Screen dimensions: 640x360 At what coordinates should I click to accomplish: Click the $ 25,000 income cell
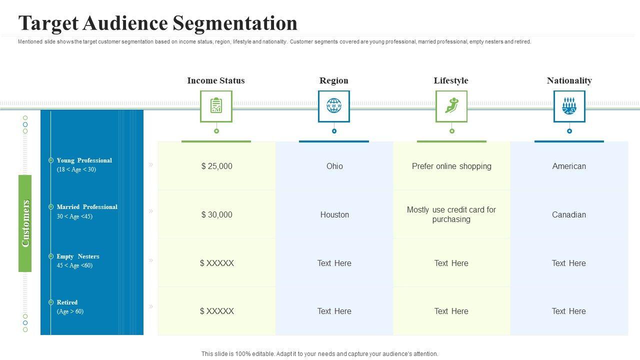[216, 166]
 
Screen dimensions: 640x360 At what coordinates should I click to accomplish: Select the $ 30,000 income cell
[216, 214]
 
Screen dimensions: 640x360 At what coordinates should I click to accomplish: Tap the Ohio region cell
[334, 166]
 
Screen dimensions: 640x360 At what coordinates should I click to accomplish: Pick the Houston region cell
[334, 214]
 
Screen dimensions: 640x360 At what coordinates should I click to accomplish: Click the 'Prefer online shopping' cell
[451, 166]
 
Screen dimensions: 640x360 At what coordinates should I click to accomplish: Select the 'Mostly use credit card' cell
[451, 214]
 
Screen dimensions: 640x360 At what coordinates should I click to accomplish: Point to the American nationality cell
[569, 166]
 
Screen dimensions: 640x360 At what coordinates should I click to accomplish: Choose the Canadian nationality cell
[569, 214]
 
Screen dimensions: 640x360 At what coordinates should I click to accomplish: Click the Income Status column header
[216, 80]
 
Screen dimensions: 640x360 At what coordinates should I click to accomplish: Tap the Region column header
[334, 80]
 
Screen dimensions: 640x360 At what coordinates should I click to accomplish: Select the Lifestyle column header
[451, 80]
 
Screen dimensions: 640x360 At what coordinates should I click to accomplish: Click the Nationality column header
[569, 80]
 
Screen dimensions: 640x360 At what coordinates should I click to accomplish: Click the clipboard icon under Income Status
[216, 106]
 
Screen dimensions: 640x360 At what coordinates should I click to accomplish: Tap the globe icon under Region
[334, 106]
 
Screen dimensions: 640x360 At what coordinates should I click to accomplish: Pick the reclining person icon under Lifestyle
[451, 106]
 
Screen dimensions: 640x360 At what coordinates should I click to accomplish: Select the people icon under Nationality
[569, 106]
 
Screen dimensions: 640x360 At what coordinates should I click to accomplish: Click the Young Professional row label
[84, 160]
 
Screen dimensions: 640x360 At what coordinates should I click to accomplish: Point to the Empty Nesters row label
[78, 256]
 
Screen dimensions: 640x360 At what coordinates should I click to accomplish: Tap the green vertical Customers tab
[25, 223]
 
